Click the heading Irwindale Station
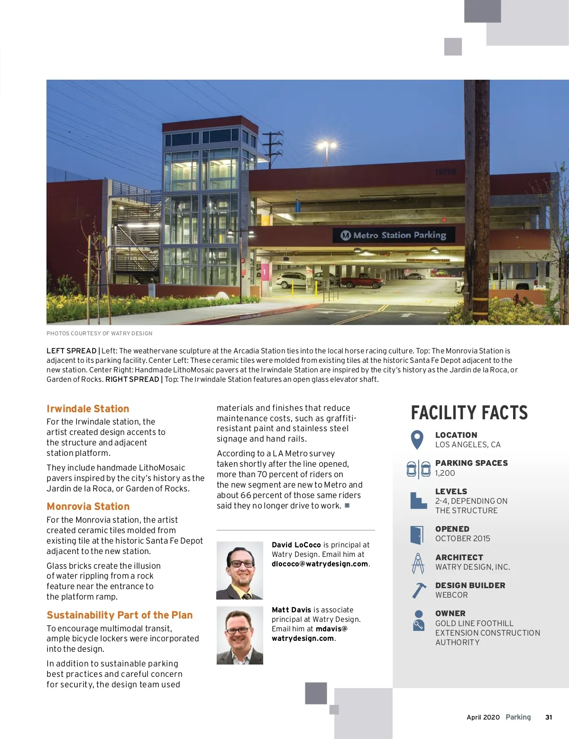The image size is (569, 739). [88, 409]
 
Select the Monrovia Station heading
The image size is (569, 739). [88, 507]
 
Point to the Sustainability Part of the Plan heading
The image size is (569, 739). [119, 615]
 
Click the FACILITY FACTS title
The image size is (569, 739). [469, 413]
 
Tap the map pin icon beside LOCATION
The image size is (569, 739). [417, 440]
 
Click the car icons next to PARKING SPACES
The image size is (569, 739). [419, 469]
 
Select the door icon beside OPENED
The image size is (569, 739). [417, 535]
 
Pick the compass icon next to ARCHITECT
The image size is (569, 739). [418, 563]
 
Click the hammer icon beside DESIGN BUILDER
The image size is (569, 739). [418, 591]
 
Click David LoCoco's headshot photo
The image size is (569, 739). [240, 571]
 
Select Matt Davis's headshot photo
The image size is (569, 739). [240, 635]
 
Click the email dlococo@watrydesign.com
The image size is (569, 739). [320, 564]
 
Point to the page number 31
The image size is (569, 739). [549, 717]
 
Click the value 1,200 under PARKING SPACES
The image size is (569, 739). [445, 473]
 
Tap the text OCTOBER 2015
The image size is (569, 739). [463, 538]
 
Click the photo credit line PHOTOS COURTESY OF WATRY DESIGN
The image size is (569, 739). [100, 333]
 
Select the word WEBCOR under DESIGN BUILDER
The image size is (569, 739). [451, 595]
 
